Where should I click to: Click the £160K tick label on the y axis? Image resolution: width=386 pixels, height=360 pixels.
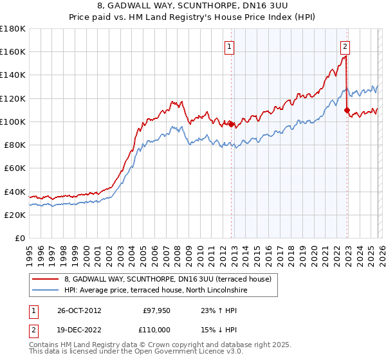pyautogui.click(x=13, y=51)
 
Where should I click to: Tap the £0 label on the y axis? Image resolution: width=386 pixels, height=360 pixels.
pyautogui.click(x=19, y=239)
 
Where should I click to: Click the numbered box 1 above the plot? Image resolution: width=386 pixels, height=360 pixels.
pyautogui.click(x=230, y=46)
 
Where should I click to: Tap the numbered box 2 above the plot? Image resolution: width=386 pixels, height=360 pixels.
pyautogui.click(x=345, y=46)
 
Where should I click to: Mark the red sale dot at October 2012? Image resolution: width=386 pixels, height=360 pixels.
pyautogui.click(x=231, y=124)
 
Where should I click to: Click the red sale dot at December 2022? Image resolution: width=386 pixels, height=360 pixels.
pyautogui.click(x=347, y=110)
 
